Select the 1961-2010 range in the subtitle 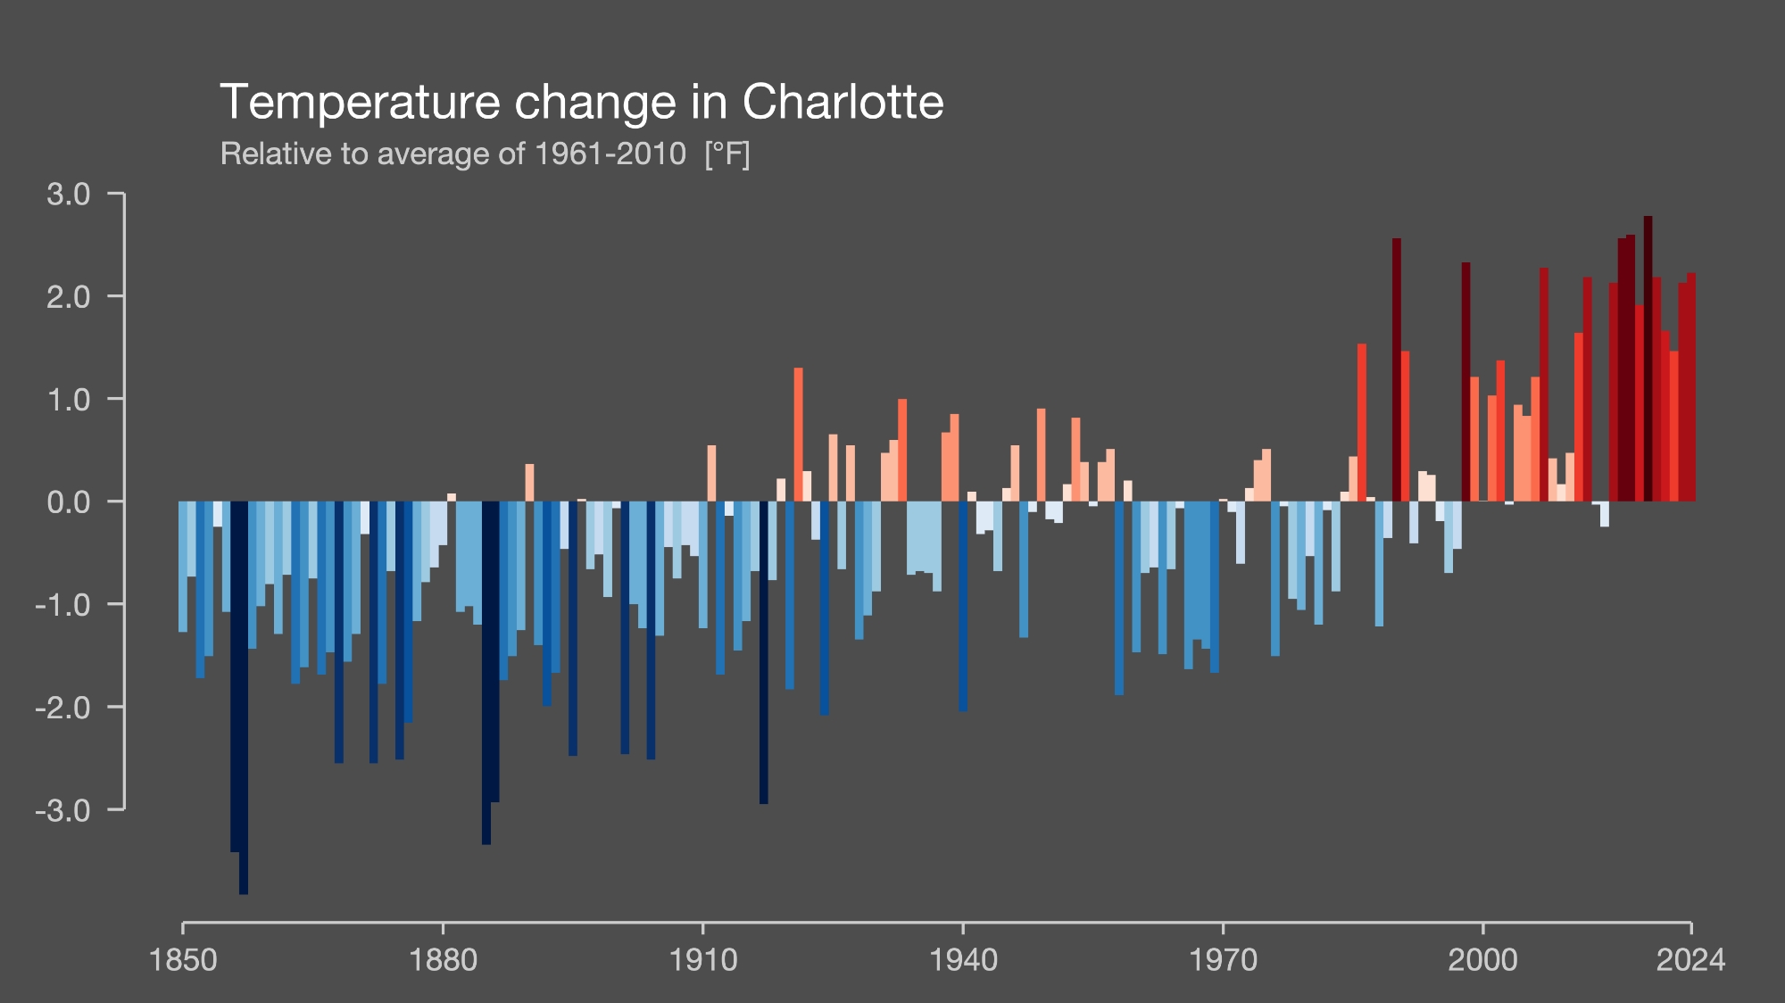(x=610, y=154)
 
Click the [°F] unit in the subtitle (x=726, y=154)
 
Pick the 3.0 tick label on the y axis (x=69, y=195)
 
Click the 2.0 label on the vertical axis (x=69, y=297)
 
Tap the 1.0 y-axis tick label (x=69, y=400)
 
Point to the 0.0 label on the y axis (x=69, y=502)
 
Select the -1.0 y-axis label (x=63, y=605)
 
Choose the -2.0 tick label (x=63, y=708)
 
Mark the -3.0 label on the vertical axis (x=63, y=810)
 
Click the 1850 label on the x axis (x=184, y=960)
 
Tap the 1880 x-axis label (x=444, y=960)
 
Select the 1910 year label (x=703, y=960)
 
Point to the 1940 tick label (x=963, y=960)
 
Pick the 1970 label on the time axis (x=1223, y=960)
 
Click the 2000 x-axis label (x=1482, y=960)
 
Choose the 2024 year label (x=1690, y=960)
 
